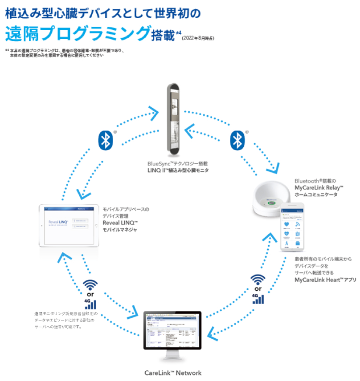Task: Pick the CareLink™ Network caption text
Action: point(172,373)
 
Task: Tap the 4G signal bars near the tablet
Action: point(90,303)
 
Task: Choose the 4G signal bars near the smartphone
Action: point(257,298)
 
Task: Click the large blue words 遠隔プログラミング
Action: point(77,33)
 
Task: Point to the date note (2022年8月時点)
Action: point(198,38)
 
